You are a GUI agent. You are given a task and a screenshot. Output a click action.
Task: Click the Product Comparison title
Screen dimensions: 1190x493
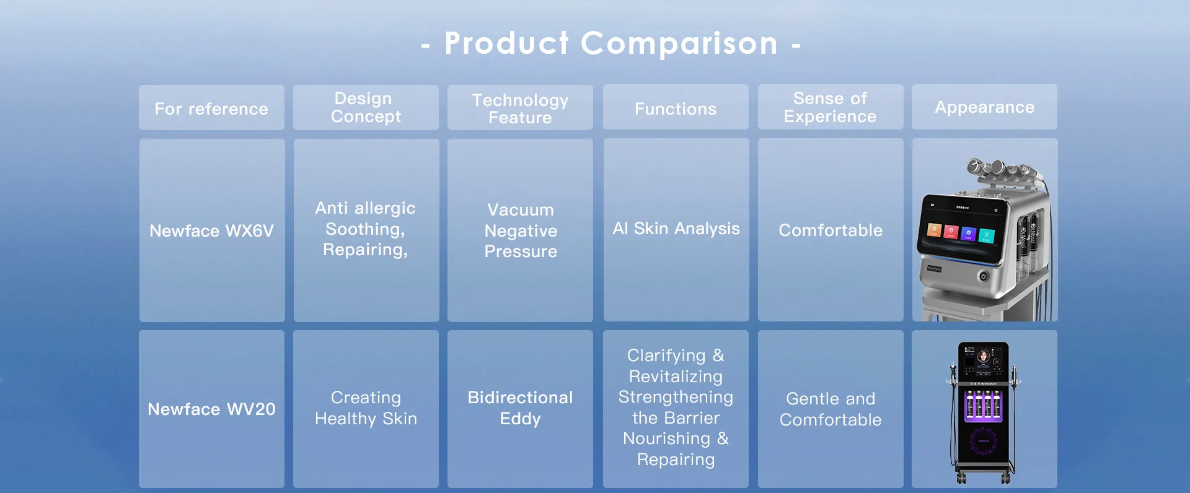610,44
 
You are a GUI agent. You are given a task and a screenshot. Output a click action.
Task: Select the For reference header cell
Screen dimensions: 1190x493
211,108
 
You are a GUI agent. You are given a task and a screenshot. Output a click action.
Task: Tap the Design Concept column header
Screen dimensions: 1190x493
366,108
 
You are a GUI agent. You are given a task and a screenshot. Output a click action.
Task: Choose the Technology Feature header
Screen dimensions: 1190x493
520,108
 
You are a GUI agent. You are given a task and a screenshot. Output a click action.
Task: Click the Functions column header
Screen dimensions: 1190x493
676,107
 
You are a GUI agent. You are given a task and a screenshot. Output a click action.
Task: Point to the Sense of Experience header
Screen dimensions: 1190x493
831,107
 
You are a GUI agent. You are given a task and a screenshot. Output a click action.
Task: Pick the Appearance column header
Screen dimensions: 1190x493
984,107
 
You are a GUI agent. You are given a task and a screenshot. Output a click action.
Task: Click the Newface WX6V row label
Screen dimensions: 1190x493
212,230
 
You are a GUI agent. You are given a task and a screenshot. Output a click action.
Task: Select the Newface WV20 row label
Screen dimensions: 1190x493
211,409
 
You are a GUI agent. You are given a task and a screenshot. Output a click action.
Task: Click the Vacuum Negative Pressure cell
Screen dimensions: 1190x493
520,230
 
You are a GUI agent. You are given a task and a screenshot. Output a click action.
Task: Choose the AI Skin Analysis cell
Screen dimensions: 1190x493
676,230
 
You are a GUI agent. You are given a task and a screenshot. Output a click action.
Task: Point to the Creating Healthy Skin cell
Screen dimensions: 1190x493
366,409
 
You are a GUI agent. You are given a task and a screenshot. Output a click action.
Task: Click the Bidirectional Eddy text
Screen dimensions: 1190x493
520,408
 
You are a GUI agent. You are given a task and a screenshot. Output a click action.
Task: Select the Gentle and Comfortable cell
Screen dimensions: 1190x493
831,409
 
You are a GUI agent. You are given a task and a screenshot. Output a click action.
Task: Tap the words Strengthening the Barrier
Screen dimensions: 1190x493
676,408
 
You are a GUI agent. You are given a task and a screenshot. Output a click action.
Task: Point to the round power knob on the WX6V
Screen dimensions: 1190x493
983,276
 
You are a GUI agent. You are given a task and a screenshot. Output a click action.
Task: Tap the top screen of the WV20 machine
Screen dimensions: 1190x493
984,360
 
